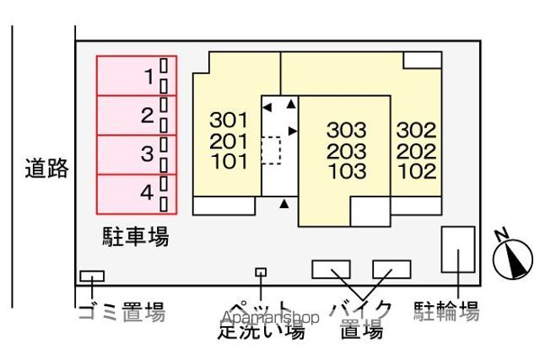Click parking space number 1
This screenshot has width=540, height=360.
(x=137, y=76)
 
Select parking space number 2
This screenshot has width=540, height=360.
(x=137, y=116)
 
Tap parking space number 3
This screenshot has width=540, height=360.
(x=137, y=154)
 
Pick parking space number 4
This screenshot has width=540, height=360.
(x=137, y=194)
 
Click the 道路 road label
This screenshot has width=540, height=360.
(x=46, y=169)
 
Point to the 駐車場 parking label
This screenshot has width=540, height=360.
(x=136, y=237)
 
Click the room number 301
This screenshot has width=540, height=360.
(x=229, y=120)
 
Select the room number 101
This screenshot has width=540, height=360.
(x=229, y=161)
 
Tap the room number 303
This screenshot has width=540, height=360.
(x=347, y=130)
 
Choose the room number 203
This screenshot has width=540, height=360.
(x=347, y=151)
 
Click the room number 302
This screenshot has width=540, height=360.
(x=416, y=130)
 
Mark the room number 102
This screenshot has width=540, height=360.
(x=418, y=171)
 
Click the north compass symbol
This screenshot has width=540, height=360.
(x=513, y=257)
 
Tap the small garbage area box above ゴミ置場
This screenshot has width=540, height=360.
(x=92, y=276)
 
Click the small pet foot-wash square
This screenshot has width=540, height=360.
(x=261, y=272)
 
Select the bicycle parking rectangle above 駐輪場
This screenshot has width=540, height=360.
(x=458, y=250)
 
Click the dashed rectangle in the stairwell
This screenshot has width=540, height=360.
(x=271, y=150)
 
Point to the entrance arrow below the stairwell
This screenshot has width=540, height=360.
(x=283, y=204)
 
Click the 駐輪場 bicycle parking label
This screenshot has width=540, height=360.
(x=446, y=311)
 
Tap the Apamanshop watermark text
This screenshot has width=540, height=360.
(x=270, y=317)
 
